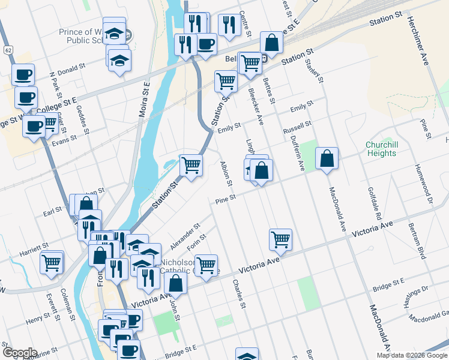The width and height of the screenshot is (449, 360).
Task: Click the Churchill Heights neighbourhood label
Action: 381,149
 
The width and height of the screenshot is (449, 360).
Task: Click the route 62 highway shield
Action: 7,49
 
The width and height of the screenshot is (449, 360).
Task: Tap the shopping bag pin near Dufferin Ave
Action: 327,159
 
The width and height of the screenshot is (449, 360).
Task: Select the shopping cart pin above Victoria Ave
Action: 280,239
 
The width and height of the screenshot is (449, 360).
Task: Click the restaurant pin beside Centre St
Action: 229,25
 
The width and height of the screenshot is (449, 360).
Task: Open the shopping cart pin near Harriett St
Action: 52,262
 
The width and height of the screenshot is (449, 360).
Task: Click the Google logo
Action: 20,353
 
